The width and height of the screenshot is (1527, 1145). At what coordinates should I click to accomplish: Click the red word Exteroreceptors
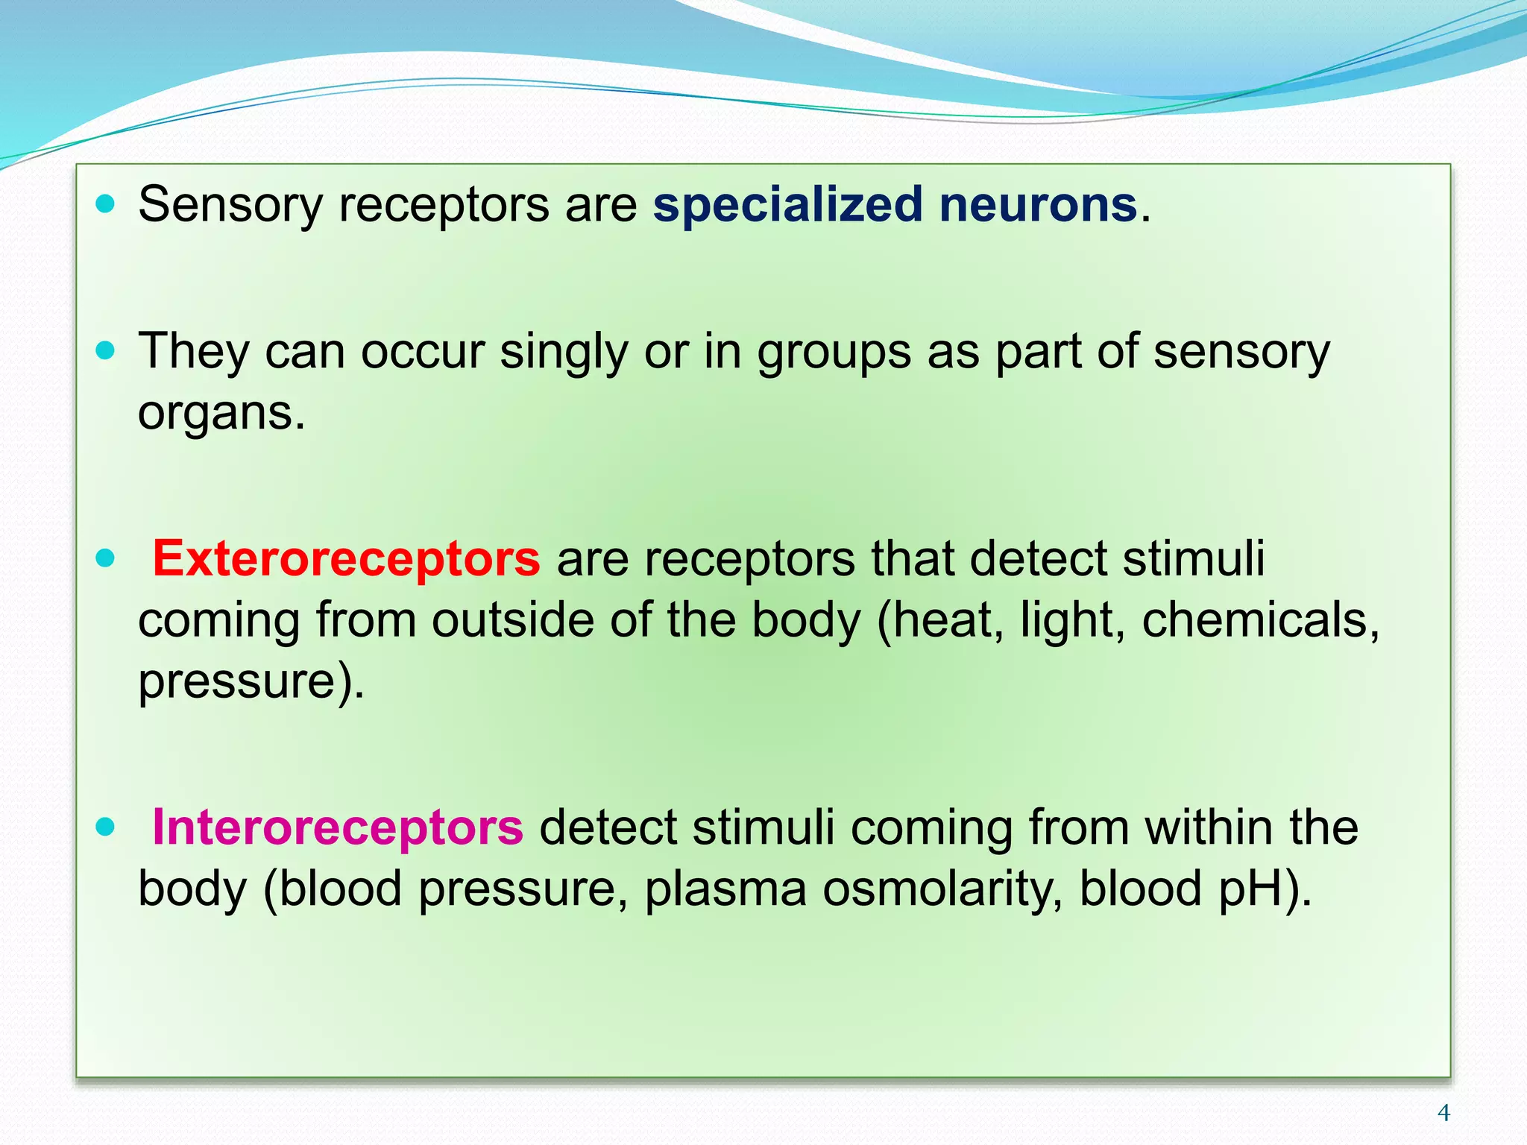point(345,558)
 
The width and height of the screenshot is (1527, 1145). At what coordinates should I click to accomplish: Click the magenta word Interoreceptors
point(337,827)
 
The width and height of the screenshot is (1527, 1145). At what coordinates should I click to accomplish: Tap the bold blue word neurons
point(1037,205)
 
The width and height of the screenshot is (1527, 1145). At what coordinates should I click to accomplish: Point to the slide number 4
point(1443,1113)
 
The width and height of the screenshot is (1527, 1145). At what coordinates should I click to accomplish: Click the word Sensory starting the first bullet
point(230,205)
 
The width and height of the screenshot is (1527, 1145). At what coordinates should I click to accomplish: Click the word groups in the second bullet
point(834,352)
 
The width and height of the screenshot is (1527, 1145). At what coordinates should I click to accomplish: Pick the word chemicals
point(1260,619)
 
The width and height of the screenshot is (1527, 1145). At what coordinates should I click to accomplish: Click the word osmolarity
point(942,889)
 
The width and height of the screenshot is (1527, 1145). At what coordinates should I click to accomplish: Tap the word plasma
point(725,889)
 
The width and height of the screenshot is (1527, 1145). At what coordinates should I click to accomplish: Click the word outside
point(512,619)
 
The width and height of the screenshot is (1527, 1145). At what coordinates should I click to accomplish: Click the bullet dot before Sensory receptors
point(106,204)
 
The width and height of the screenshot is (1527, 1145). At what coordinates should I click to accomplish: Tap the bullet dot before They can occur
point(106,350)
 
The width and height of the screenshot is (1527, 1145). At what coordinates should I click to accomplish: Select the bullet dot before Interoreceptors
point(106,826)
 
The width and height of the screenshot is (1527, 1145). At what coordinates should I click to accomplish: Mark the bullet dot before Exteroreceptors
point(106,558)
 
